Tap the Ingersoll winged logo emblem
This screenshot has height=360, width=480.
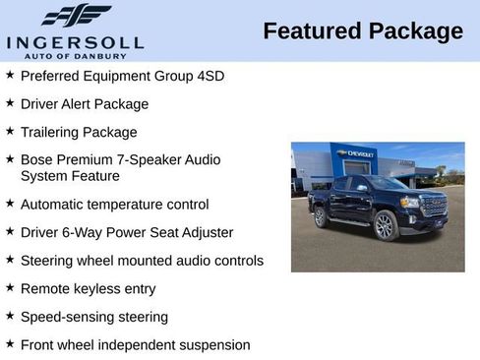[76, 15]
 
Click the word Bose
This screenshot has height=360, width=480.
[36, 159]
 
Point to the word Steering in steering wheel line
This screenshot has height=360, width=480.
[48, 261]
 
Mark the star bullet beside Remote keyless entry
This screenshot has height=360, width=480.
[10, 288]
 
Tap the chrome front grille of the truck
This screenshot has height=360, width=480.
[434, 206]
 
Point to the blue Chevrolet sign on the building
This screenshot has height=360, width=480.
[354, 154]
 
